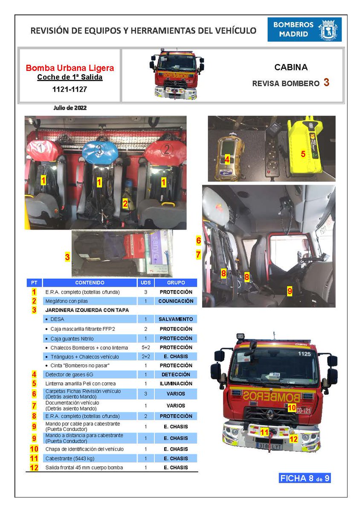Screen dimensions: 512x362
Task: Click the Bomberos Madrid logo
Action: click(304, 29)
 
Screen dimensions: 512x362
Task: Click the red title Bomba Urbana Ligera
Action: click(70, 68)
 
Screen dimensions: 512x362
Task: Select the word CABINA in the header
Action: click(291, 67)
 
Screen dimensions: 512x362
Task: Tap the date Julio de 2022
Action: click(70, 108)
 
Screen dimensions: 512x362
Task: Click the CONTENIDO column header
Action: click(90, 282)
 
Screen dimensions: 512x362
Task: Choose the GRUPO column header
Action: click(176, 282)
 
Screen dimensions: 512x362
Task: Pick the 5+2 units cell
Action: click(145, 347)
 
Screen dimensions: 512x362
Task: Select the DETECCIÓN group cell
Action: click(176, 375)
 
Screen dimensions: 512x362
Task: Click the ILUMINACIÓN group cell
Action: click(176, 384)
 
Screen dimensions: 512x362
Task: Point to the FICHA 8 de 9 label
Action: click(304, 478)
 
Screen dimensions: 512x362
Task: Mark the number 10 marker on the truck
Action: click(292, 407)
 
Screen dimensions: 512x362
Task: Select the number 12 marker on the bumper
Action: click(293, 438)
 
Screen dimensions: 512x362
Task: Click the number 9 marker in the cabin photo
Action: click(290, 291)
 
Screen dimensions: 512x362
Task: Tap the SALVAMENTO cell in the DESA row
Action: click(176, 319)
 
